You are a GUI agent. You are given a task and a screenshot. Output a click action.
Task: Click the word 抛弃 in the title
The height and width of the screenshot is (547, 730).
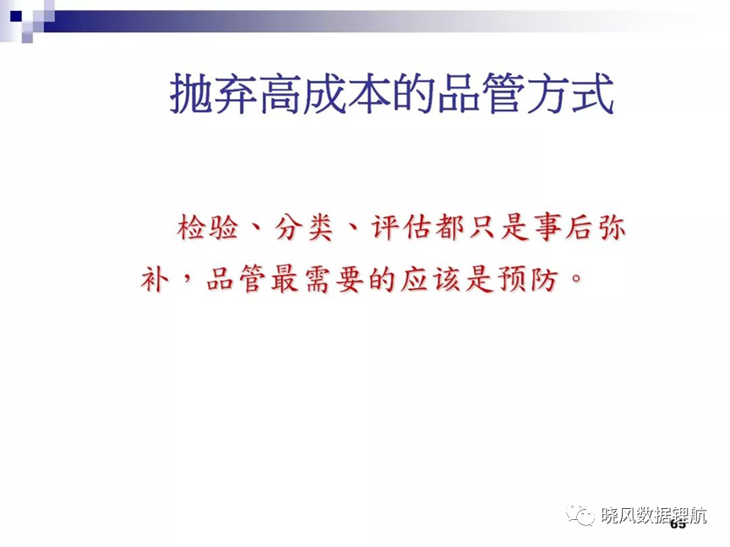click(214, 94)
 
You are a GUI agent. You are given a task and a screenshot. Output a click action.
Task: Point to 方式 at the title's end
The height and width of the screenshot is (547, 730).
click(570, 94)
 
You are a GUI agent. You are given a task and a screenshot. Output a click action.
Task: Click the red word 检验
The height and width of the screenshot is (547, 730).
click(208, 227)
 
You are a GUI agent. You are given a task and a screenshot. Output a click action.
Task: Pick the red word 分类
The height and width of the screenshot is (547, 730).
click(304, 227)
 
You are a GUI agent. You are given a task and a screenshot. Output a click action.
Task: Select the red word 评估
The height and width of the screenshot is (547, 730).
click(402, 227)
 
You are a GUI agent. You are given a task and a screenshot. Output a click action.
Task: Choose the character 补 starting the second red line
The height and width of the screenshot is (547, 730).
click(155, 280)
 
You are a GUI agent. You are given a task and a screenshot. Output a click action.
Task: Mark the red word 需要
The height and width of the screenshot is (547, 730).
click(335, 280)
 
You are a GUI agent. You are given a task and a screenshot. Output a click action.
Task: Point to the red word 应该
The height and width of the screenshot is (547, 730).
click(431, 280)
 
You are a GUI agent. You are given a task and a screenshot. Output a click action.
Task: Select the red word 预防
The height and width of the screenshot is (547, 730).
click(528, 280)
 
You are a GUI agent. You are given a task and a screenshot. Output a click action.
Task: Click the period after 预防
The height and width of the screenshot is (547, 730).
click(576, 279)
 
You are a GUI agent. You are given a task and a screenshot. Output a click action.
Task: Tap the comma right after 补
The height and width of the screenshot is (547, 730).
click(188, 278)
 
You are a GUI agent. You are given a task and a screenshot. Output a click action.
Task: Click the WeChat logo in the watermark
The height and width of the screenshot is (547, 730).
click(580, 514)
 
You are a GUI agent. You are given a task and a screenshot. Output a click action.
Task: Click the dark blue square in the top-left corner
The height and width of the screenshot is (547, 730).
click(16, 16)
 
